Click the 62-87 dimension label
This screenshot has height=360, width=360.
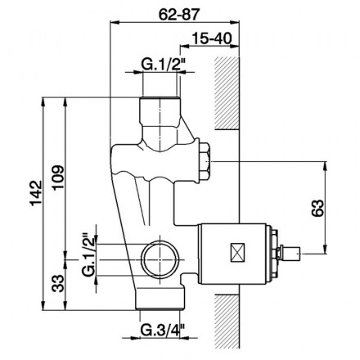pos(179,14)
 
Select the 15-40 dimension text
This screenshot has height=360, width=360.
pos(212,38)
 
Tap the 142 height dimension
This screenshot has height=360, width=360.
pos(36,193)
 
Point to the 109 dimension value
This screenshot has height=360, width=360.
pos(58,178)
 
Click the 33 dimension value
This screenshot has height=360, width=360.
pos(58,284)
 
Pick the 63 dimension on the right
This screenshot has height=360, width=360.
pos(317,208)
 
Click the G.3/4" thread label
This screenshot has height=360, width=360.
pos(163,331)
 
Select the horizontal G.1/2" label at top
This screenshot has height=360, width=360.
pos(164,65)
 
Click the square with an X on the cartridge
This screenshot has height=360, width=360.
pos(238,253)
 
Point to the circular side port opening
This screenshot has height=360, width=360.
pos(160,259)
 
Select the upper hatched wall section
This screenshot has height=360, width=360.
pos(227,93)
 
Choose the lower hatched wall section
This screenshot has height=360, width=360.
pos(227,322)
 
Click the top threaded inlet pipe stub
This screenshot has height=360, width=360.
pos(160,110)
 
